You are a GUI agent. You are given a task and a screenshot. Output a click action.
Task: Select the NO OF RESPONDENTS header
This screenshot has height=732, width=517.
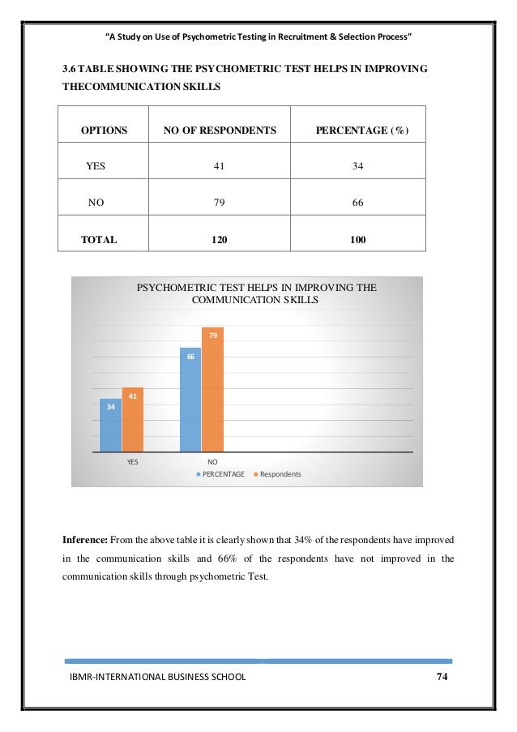(x=220, y=130)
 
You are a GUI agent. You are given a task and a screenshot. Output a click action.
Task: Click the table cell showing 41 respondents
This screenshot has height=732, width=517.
(x=219, y=166)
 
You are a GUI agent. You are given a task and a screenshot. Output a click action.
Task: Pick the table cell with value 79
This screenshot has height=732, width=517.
(x=219, y=203)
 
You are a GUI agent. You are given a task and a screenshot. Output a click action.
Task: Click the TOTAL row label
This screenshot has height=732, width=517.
(x=99, y=240)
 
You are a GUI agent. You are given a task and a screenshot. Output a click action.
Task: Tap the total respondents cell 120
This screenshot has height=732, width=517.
(x=219, y=240)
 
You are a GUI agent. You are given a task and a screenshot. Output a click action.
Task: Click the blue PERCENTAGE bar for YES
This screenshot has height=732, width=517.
(x=111, y=426)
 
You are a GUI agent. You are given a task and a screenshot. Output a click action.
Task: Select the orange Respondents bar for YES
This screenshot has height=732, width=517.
(x=132, y=420)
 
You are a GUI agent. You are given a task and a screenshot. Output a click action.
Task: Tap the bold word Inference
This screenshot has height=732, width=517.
(x=85, y=538)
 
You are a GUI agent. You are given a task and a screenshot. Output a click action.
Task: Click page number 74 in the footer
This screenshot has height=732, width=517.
(x=442, y=677)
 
